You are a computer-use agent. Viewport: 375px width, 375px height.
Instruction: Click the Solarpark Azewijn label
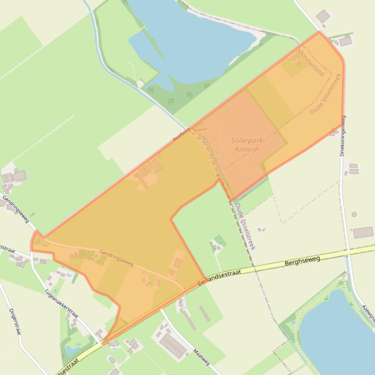(x=247, y=144)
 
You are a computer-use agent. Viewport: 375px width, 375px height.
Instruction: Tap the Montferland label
(x=311, y=63)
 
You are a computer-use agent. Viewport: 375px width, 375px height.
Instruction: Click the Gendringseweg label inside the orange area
(x=116, y=258)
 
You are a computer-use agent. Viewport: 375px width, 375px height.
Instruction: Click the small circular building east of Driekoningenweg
(x=354, y=214)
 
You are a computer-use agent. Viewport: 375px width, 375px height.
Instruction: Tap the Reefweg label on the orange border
(x=180, y=137)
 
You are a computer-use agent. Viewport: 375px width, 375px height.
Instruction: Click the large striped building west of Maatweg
(x=172, y=345)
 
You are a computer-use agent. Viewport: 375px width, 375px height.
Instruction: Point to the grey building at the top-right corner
(x=323, y=17)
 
